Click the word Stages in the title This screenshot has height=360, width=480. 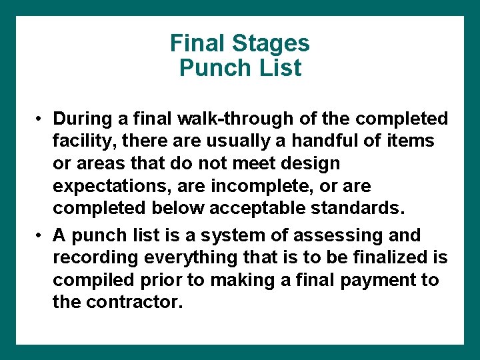(271, 43)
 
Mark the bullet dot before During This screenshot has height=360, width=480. (41, 119)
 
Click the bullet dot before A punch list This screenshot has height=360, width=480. (41, 236)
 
